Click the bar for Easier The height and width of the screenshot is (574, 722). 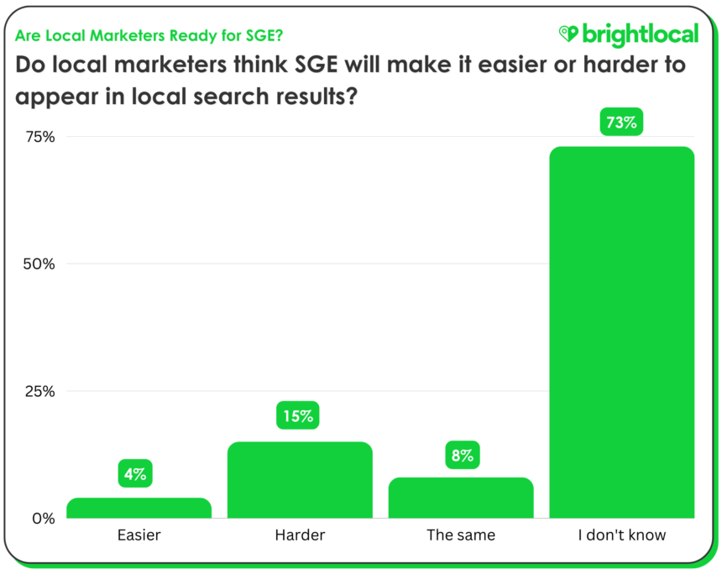point(139,508)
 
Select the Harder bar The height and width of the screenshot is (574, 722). point(300,480)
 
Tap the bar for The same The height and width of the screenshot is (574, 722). point(461,498)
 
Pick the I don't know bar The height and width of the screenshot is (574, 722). point(622,332)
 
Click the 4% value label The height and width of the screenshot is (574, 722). point(134,474)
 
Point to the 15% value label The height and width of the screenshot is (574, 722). point(297,415)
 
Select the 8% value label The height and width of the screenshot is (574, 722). point(463,456)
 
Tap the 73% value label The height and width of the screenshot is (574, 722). point(621,123)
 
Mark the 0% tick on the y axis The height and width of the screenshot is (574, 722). point(43,518)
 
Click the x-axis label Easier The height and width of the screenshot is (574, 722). point(139,535)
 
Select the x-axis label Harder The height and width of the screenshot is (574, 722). point(300,535)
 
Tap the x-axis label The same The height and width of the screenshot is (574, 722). point(461,535)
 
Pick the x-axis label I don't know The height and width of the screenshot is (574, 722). point(622,535)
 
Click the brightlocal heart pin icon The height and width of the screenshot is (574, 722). point(568,34)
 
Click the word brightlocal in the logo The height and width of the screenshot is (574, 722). point(640,34)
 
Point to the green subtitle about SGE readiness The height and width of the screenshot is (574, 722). point(149,35)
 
